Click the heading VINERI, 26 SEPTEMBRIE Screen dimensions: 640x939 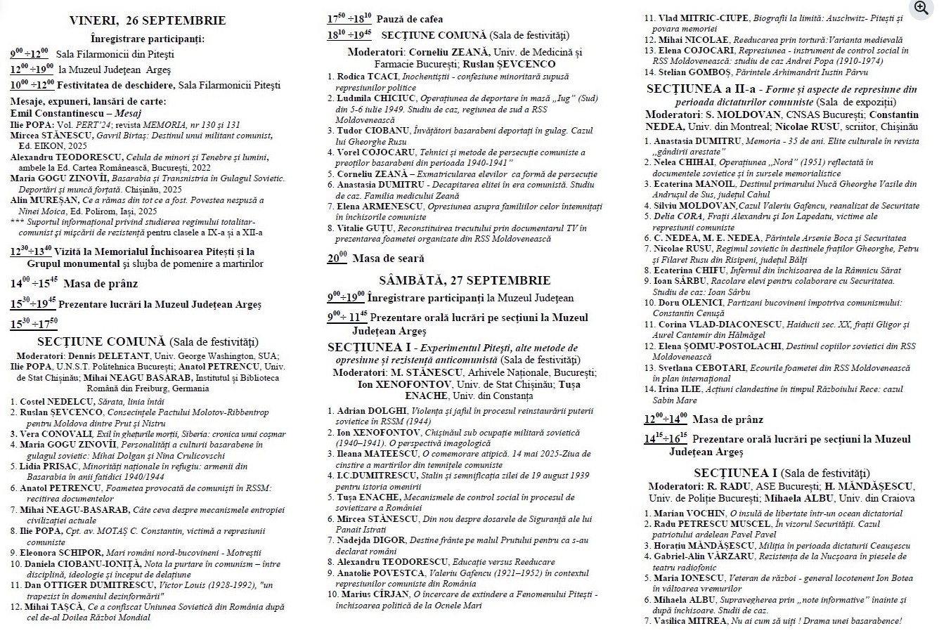148,21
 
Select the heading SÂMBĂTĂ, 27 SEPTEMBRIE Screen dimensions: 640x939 465,280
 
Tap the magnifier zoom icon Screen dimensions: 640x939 920,8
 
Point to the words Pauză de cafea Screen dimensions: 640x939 410,19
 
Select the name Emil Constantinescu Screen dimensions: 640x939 56,113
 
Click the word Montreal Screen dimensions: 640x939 745,126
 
